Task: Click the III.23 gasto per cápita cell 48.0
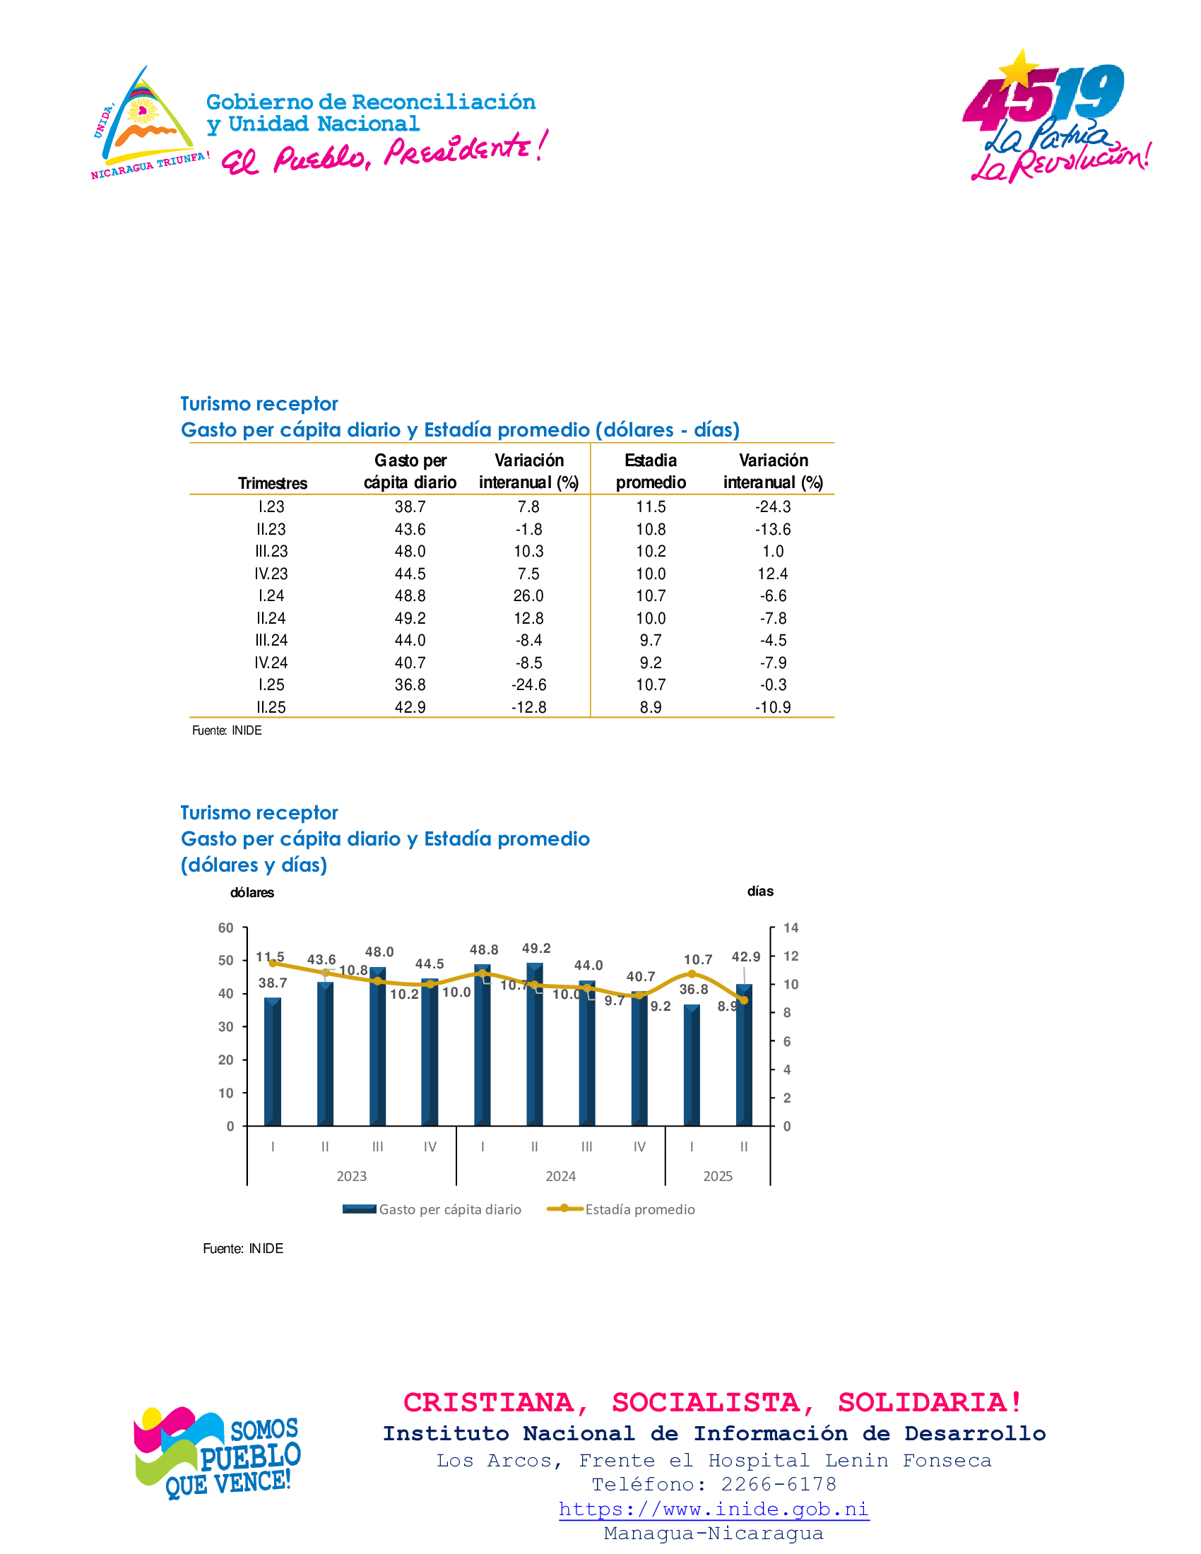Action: click(410, 552)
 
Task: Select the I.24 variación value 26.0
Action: click(528, 595)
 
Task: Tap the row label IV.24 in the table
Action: click(271, 663)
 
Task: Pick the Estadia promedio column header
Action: click(650, 471)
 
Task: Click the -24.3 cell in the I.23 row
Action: click(773, 506)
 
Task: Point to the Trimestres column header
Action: click(273, 483)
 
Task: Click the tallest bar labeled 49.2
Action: click(534, 1044)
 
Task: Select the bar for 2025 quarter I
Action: click(692, 1065)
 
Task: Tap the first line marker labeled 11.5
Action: click(273, 963)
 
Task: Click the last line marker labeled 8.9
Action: click(743, 1000)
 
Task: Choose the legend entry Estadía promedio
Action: click(639, 1209)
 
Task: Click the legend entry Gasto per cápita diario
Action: click(449, 1209)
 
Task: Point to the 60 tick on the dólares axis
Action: click(225, 928)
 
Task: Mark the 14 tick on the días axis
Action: click(791, 928)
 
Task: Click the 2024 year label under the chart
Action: click(561, 1176)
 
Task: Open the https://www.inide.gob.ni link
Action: click(714, 1509)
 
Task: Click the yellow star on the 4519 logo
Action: click(1019, 69)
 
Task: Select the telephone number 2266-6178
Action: click(779, 1484)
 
